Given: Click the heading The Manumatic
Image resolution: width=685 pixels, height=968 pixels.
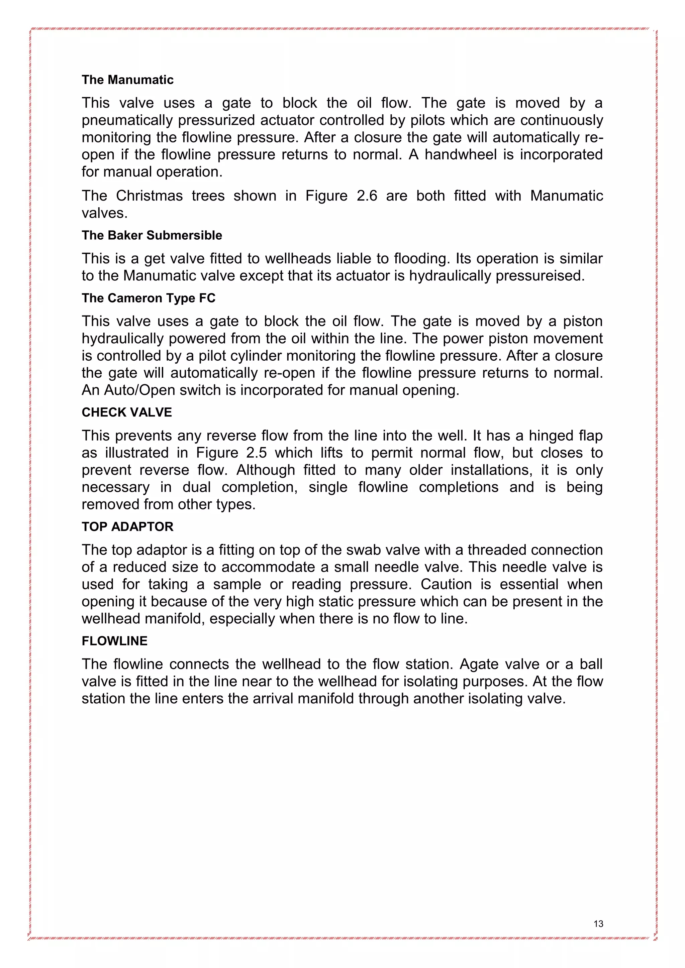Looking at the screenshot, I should (x=127, y=80).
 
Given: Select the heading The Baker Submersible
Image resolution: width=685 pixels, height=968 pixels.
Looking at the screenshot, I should (x=152, y=235).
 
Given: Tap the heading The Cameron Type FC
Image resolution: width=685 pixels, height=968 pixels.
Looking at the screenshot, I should (x=149, y=298).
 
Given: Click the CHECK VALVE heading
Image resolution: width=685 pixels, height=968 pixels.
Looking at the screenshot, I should (x=126, y=412).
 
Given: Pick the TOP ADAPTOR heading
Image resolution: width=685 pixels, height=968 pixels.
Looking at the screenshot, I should (x=127, y=526).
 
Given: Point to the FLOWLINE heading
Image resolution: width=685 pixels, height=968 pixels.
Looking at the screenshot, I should (x=114, y=641).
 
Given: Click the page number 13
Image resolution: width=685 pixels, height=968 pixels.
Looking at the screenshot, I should (x=598, y=924).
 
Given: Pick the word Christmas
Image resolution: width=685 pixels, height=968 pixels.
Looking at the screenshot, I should (x=149, y=196).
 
